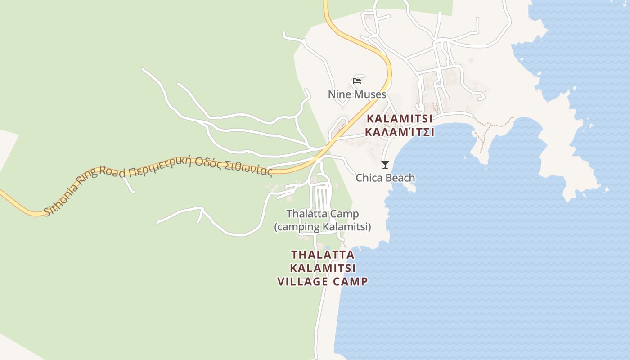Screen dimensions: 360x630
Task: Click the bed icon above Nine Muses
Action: [x=357, y=81]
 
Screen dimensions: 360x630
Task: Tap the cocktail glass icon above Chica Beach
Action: [x=385, y=164]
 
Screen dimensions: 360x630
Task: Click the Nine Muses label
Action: [x=357, y=94]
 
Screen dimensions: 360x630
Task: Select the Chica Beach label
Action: [x=385, y=178]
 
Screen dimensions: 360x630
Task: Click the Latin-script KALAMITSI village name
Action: [x=400, y=119]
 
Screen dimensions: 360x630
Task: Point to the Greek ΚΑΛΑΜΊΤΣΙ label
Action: [x=400, y=132]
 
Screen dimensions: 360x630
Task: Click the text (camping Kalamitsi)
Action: [x=323, y=227]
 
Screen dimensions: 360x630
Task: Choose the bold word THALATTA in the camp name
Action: [x=323, y=255]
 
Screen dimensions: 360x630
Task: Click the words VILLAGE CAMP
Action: [x=323, y=282]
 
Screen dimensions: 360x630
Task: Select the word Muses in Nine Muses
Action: [x=370, y=94]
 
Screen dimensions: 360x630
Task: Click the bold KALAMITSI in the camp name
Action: [x=323, y=268]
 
